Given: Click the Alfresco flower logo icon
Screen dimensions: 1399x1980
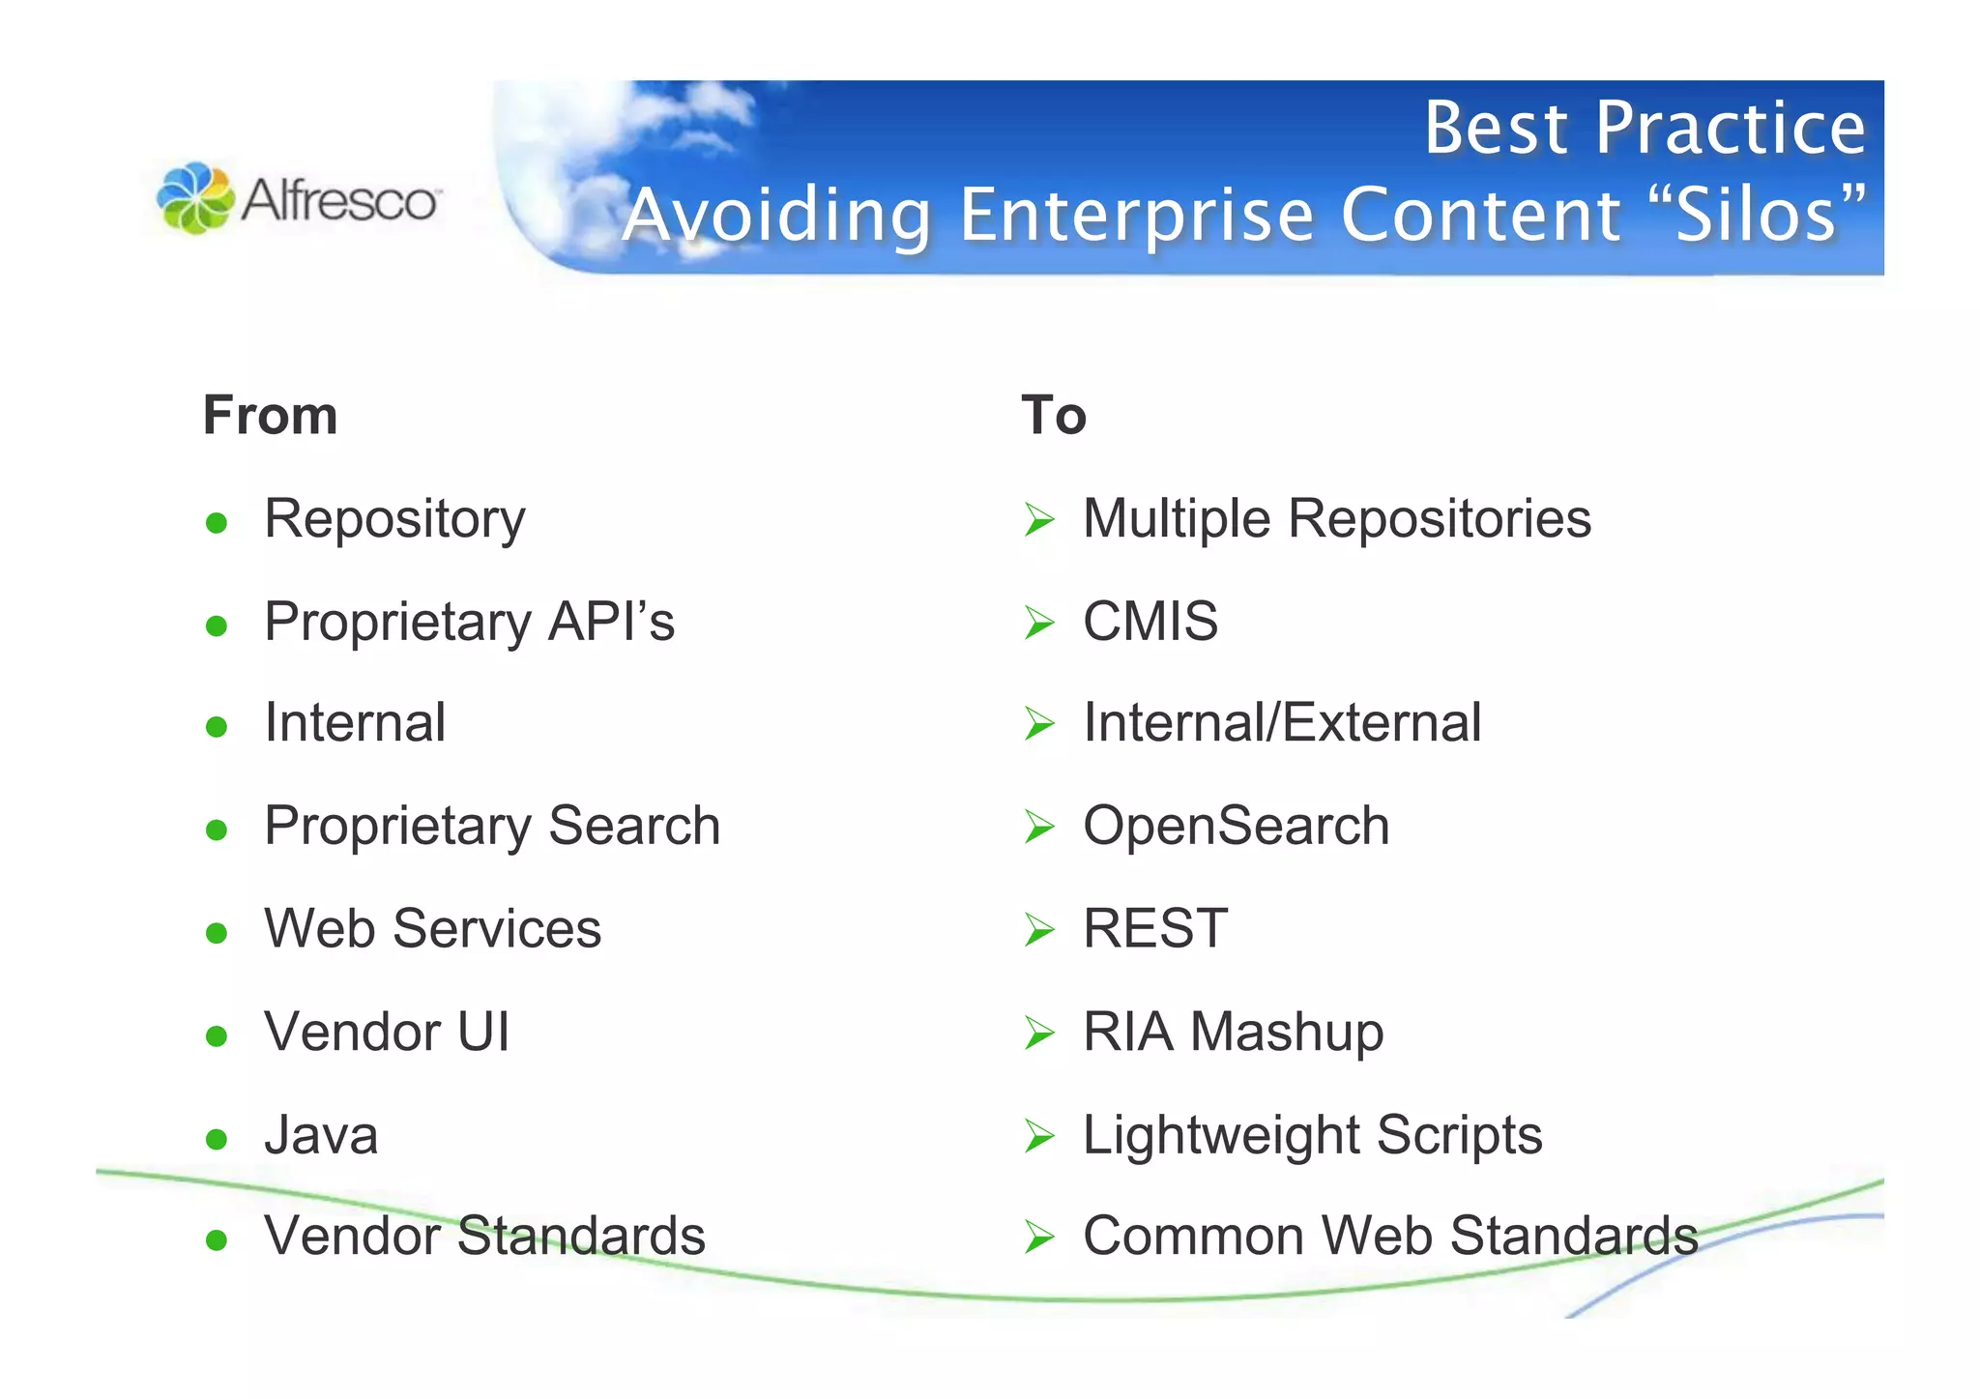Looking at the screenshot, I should [x=195, y=198].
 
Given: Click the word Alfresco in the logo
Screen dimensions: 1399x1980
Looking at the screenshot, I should [x=339, y=200].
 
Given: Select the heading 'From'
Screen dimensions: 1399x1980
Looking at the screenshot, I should [x=270, y=416].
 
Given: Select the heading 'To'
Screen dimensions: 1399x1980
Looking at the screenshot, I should [x=1054, y=416].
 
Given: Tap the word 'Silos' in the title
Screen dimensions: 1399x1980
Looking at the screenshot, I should [x=1755, y=215].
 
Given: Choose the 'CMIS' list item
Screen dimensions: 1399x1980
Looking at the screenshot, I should [x=1150, y=621].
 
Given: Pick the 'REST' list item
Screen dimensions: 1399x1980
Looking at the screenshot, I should [x=1155, y=928].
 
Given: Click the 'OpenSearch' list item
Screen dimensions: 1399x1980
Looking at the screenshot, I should [x=1236, y=826].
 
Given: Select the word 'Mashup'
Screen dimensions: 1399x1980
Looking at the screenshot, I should [x=1287, y=1032].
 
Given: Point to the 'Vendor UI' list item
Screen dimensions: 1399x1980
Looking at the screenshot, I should [x=387, y=1032].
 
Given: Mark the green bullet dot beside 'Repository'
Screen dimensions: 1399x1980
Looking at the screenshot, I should [x=217, y=523].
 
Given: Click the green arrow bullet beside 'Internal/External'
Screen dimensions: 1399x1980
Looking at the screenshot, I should [x=1039, y=724].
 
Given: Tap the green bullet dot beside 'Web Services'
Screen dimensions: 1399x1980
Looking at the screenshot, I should [x=217, y=933].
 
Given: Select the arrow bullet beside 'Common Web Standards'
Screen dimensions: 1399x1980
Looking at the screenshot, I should [x=1039, y=1237].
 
